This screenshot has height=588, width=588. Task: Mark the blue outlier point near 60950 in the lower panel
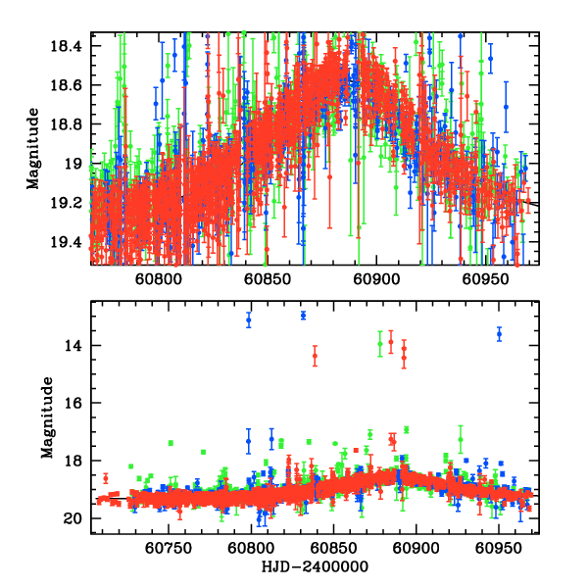(500, 334)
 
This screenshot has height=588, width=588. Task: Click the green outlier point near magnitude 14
(380, 344)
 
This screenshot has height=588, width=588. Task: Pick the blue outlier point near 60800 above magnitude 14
(249, 319)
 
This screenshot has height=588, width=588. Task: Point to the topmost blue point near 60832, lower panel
(303, 315)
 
